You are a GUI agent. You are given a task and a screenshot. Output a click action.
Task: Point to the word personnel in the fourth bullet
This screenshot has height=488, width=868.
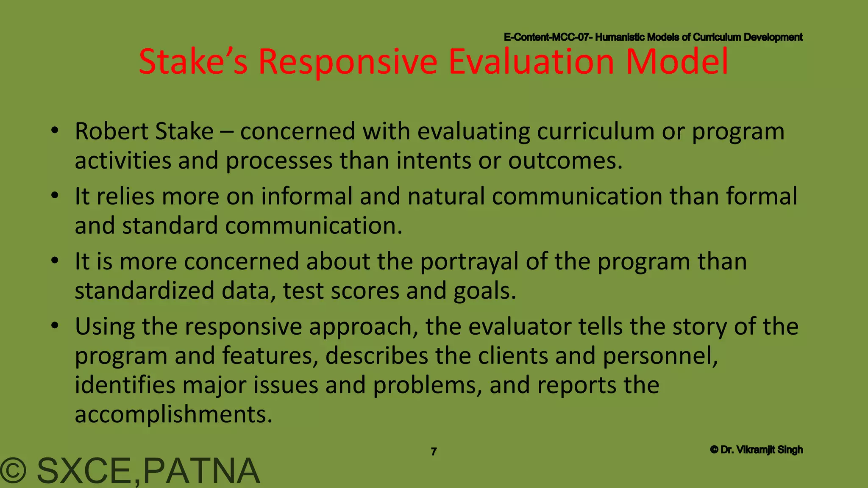coord(660,356)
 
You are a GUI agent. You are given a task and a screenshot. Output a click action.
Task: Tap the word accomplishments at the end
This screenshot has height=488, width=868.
coord(173,414)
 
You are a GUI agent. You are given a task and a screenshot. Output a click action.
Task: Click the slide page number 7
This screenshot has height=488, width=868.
coord(434,452)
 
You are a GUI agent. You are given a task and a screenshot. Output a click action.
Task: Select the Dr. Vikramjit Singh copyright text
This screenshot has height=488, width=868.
coord(757,450)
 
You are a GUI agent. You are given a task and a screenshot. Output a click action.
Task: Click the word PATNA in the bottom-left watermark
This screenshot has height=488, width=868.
coord(202,471)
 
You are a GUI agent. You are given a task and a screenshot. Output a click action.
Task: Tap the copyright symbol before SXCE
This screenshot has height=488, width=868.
coord(14,471)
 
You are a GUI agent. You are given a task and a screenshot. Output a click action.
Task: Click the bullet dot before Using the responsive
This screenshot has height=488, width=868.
coord(54,327)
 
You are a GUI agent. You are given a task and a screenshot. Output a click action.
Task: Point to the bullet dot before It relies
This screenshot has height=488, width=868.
coord(54,197)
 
